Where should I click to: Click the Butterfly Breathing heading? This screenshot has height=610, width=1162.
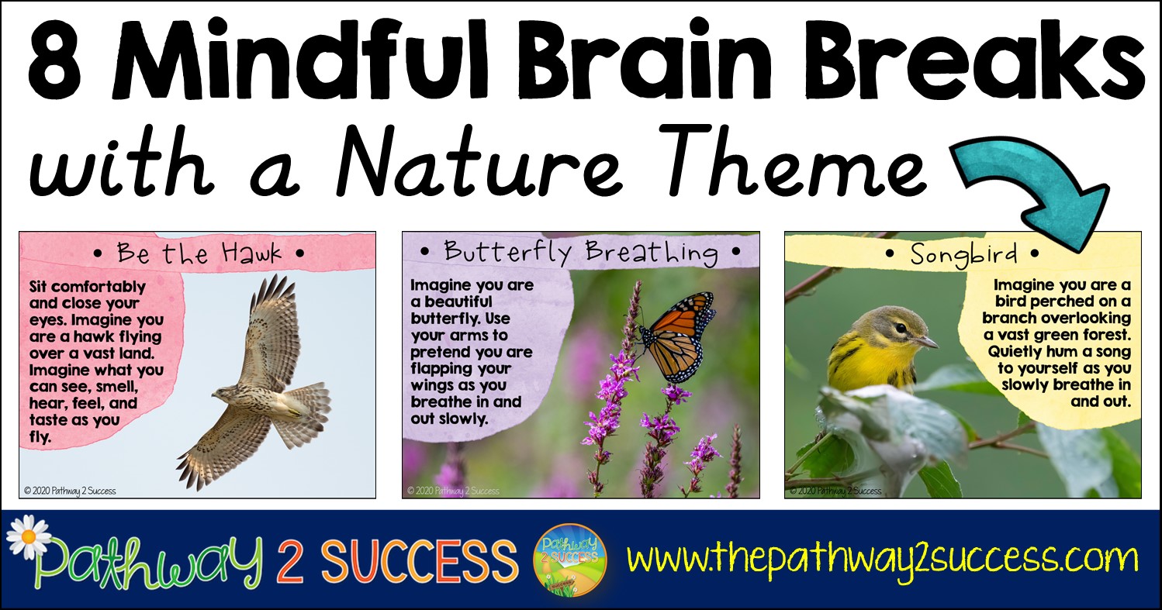coord(580,252)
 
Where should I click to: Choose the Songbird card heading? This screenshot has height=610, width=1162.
coord(963,253)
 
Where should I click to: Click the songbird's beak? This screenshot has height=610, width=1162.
coord(926,342)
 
